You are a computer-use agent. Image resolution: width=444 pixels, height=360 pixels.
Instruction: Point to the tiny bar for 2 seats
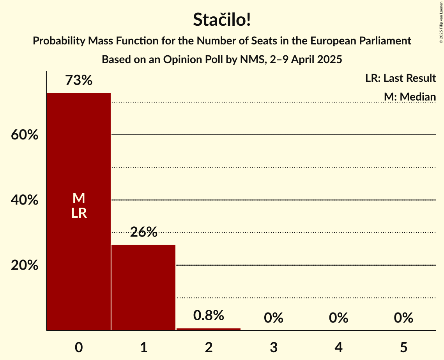tap(209, 329)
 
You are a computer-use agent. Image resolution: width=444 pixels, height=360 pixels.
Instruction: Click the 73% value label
tap(79, 81)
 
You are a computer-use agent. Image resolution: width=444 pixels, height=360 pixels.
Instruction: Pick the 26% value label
tap(143, 233)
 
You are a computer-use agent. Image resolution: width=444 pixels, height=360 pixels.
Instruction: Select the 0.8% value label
tap(209, 316)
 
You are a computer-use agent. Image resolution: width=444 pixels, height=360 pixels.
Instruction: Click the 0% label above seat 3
tap(273, 318)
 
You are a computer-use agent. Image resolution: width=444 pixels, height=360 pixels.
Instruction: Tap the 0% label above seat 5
tap(403, 318)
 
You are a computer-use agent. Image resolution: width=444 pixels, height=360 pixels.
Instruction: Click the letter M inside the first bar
tap(79, 198)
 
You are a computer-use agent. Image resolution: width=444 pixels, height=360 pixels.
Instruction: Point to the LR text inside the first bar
tap(79, 213)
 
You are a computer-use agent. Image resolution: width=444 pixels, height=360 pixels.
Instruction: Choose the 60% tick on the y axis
tap(24, 135)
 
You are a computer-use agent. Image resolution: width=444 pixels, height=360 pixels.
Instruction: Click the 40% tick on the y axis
tap(24, 200)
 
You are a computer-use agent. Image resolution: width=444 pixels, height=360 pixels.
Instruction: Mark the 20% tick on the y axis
tap(24, 265)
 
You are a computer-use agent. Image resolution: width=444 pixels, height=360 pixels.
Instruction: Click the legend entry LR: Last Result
tap(400, 78)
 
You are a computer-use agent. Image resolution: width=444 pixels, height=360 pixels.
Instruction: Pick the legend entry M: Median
tap(409, 97)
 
